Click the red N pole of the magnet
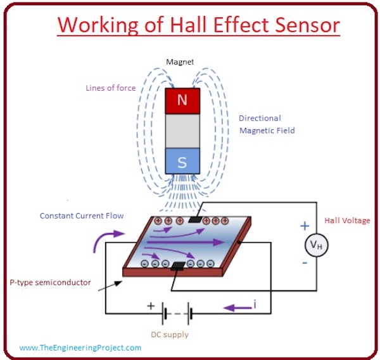182,100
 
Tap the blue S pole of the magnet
182,162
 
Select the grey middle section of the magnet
182,131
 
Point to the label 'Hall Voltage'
347,221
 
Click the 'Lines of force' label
111,88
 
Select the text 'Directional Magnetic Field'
267,124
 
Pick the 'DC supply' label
168,334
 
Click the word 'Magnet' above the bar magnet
179,61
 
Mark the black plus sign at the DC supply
151,305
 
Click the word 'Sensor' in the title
297,26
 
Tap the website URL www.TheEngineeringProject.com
80,347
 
